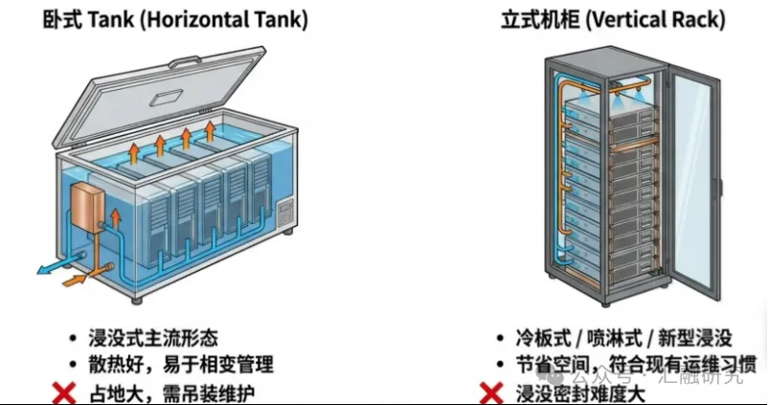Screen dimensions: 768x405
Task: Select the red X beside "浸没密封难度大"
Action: (491, 393)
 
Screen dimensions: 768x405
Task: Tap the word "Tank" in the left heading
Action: (116, 19)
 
